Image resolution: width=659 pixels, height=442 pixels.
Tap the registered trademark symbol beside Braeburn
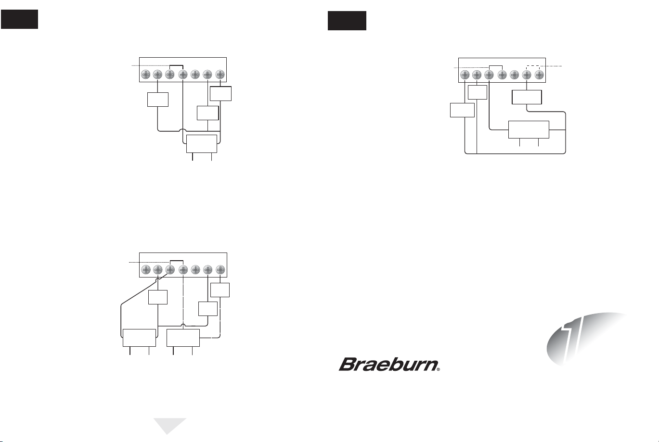(x=439, y=369)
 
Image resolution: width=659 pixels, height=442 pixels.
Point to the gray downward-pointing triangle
(x=170, y=426)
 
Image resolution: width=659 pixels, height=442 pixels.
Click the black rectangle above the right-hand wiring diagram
(x=347, y=21)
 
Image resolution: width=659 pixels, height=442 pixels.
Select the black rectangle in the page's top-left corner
(x=19, y=19)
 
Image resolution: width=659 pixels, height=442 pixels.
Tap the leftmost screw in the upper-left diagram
(x=146, y=75)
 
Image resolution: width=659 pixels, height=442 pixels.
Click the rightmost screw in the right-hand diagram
(x=539, y=75)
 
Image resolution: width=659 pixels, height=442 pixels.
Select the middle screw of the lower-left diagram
(x=183, y=269)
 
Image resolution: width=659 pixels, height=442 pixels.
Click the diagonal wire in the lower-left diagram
(x=144, y=289)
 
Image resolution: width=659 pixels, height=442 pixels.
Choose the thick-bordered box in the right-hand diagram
(x=527, y=97)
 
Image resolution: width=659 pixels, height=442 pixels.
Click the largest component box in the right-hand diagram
(x=529, y=129)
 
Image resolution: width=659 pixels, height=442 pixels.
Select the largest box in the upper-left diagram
(x=202, y=144)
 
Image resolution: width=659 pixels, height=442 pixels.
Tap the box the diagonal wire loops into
(x=139, y=338)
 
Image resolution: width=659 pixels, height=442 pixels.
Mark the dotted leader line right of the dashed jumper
(x=551, y=66)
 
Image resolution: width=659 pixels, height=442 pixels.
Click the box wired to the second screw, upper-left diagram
(x=158, y=100)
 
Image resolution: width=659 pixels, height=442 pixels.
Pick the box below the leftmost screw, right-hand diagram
(x=462, y=110)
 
